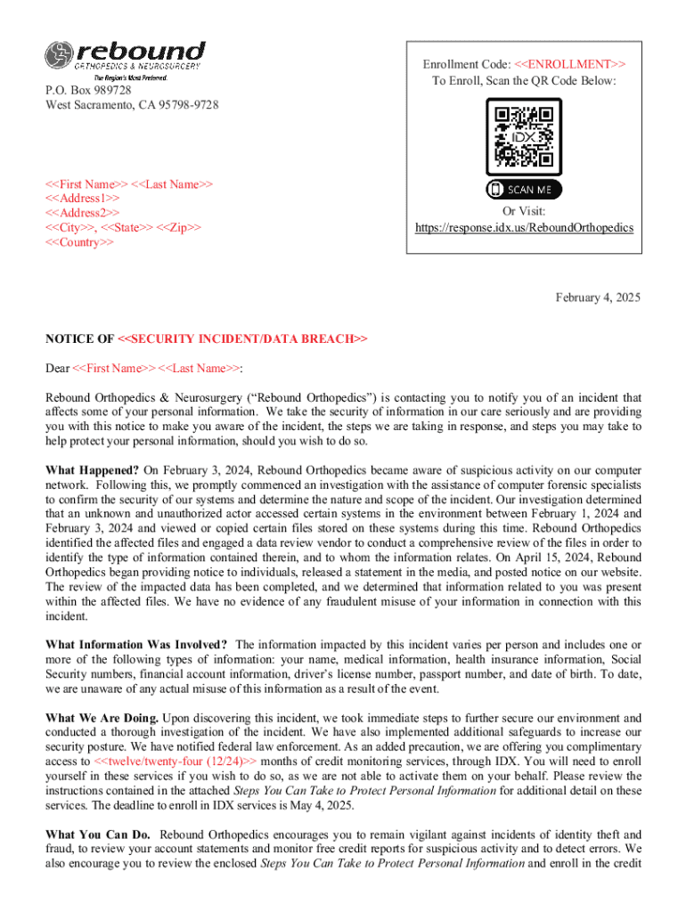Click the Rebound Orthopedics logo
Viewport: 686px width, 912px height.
125,59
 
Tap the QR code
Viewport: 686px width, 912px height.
524,136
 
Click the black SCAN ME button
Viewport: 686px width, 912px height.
524,190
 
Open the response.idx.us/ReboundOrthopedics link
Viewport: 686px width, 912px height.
524,228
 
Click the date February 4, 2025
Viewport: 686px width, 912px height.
598,297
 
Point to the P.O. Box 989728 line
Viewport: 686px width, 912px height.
89,91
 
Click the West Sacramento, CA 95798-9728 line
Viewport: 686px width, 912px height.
132,105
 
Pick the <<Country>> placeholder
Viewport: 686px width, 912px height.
79,242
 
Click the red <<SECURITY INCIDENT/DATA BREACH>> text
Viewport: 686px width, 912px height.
241,338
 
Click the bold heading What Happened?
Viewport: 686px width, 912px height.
92,469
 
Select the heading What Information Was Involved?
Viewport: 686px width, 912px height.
136,645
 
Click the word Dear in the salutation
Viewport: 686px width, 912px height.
57,368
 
